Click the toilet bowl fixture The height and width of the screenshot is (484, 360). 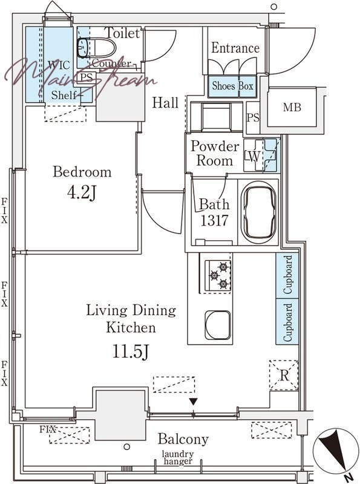click(96, 48)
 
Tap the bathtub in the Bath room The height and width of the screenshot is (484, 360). click(259, 212)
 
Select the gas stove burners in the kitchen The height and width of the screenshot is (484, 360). click(218, 275)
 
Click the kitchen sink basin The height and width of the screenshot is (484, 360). click(218, 325)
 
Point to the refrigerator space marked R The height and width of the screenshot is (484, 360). click(284, 376)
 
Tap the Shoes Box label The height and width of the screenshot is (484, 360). click(233, 85)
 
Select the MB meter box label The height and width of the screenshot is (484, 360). click(292, 107)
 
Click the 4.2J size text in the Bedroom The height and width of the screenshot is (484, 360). click(82, 193)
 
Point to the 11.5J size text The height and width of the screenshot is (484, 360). click(131, 352)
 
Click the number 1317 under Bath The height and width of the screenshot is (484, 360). click(214, 220)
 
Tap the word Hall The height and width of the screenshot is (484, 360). click(165, 102)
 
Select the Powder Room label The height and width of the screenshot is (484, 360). click(215, 154)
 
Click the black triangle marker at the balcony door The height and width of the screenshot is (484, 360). click(193, 402)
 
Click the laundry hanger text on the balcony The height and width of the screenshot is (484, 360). click(178, 458)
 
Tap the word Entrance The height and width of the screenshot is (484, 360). click(235, 48)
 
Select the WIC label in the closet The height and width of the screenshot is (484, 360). click(59, 65)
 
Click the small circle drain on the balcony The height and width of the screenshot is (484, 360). click(126, 446)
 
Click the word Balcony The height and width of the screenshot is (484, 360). click(183, 439)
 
